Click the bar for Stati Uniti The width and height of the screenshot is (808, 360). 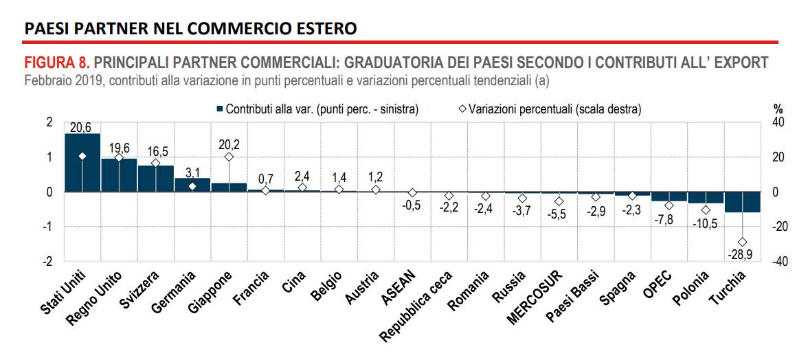pyautogui.click(x=82, y=163)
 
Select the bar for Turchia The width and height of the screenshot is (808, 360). pyautogui.click(x=742, y=202)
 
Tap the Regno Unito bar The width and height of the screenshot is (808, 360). pyautogui.click(x=119, y=175)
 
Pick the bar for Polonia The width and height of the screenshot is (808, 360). pyautogui.click(x=706, y=198)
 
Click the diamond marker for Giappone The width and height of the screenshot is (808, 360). pyautogui.click(x=229, y=157)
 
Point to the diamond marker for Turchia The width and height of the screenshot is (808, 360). pyautogui.click(x=742, y=242)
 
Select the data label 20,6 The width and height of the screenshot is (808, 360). pyautogui.click(x=81, y=127)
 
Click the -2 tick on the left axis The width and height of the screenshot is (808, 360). pyautogui.click(x=48, y=262)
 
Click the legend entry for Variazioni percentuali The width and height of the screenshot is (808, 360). pyautogui.click(x=550, y=109)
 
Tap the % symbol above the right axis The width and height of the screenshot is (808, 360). pyautogui.click(x=778, y=109)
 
